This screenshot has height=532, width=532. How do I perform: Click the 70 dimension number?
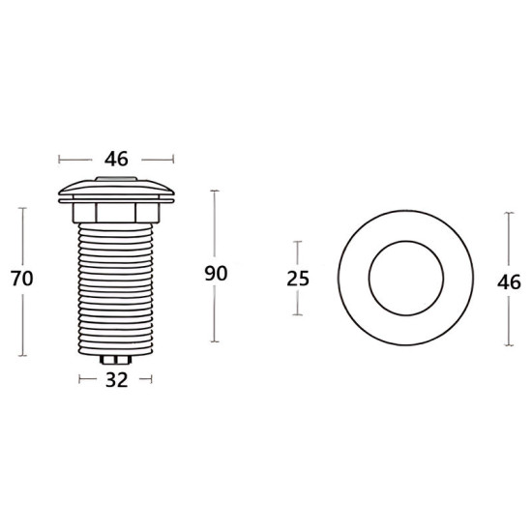coord(21,279)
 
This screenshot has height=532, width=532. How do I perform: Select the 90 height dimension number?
coord(216,274)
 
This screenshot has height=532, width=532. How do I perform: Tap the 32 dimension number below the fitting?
coord(116,380)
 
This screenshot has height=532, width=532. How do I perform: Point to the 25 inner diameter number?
coord(299,279)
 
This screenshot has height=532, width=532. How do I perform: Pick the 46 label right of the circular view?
coord(509,282)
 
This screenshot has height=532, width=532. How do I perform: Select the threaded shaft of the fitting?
coord(116,285)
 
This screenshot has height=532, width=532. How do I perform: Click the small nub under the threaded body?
coord(116,361)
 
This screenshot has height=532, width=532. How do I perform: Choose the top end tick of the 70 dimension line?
coord(21,207)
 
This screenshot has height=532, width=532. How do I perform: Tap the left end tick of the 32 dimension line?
coord(81,380)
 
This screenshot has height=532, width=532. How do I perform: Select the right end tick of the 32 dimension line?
coord(151,380)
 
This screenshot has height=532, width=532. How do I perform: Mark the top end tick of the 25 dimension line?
coord(298,242)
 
